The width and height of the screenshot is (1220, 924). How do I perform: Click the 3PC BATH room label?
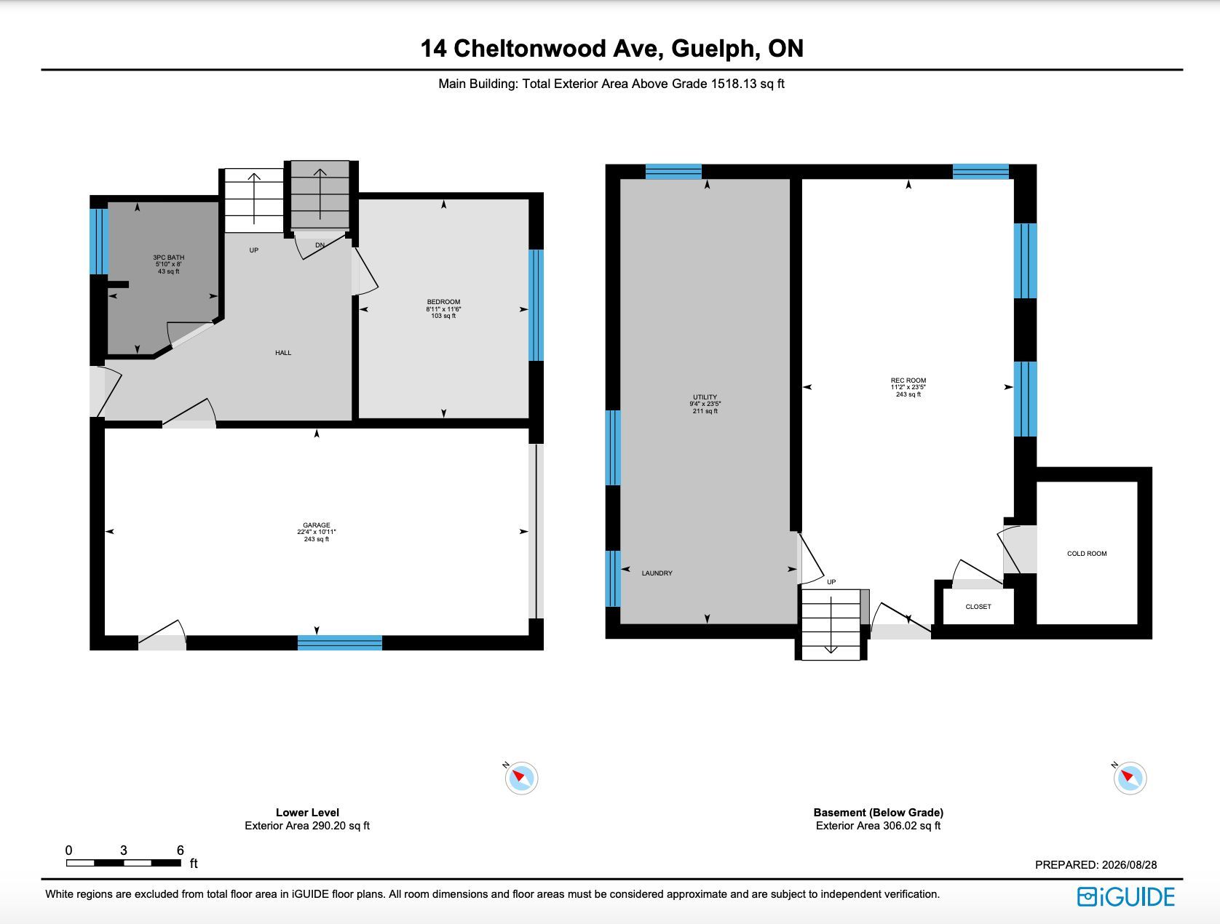click(x=168, y=258)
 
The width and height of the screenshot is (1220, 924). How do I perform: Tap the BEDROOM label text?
click(x=443, y=302)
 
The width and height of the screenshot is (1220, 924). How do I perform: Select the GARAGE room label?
click(x=316, y=525)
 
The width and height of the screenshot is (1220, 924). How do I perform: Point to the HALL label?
click(x=283, y=353)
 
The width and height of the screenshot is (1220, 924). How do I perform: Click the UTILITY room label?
click(x=705, y=397)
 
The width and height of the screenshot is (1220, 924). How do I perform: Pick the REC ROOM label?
click(x=908, y=381)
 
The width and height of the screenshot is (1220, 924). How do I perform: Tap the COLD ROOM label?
click(x=1087, y=554)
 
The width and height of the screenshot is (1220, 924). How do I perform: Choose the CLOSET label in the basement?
click(x=978, y=606)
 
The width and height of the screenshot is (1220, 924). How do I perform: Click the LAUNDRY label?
click(x=657, y=573)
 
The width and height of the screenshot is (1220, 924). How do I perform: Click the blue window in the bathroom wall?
click(x=99, y=242)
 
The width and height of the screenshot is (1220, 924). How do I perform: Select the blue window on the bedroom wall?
click(x=536, y=306)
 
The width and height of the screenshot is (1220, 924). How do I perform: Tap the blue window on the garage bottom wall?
click(x=340, y=642)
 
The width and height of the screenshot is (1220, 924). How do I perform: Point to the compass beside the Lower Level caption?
click(x=521, y=778)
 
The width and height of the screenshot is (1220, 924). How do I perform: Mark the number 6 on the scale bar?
click(x=180, y=850)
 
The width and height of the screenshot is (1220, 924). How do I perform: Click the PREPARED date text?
click(x=1096, y=864)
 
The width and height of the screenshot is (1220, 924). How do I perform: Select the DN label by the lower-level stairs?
click(x=320, y=245)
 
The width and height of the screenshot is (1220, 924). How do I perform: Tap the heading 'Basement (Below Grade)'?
click(x=878, y=813)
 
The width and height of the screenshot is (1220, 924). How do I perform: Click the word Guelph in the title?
click(x=716, y=49)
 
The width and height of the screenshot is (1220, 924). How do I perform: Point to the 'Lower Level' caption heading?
click(x=307, y=813)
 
